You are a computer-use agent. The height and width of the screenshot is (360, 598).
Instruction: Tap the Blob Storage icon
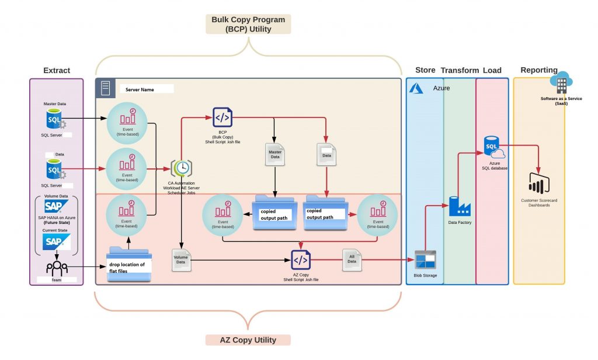pyautogui.click(x=425, y=259)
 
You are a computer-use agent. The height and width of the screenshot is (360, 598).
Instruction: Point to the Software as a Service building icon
pyautogui.click(x=561, y=85)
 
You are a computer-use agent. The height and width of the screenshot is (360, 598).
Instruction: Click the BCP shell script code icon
pyautogui.click(x=222, y=117)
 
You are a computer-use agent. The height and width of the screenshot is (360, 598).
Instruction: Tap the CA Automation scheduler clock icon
pyautogui.click(x=183, y=168)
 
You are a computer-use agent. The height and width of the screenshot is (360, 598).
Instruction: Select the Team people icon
pyautogui.click(x=57, y=268)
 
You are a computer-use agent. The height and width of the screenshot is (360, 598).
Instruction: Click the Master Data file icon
pyautogui.click(x=274, y=154)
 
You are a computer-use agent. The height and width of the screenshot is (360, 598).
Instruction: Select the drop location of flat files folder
pyautogui.click(x=129, y=266)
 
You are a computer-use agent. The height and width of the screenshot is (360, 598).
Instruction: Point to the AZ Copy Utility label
pyautogui.click(x=248, y=340)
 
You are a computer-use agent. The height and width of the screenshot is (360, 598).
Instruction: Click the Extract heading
pyautogui.click(x=57, y=71)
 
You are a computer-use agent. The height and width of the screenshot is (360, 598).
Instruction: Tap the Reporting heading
pyautogui.click(x=538, y=70)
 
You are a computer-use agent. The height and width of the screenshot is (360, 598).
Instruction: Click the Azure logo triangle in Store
pyautogui.click(x=416, y=88)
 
